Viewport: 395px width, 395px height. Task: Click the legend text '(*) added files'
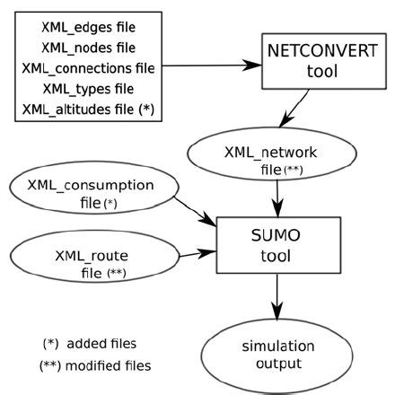[x=93, y=343]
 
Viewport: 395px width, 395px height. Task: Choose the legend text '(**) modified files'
[x=95, y=365]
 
